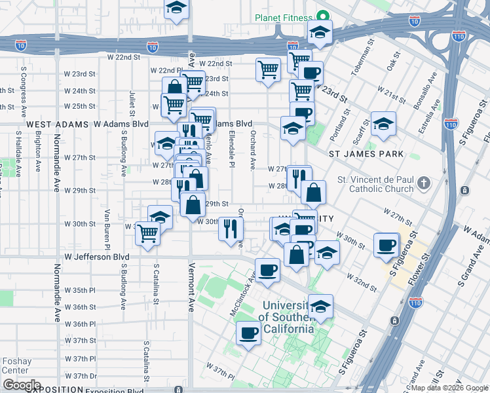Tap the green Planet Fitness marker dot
click(322, 16)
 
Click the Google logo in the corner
click(22, 385)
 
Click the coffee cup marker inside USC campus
click(248, 333)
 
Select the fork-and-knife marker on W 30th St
click(231, 229)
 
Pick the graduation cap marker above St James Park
click(383, 123)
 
